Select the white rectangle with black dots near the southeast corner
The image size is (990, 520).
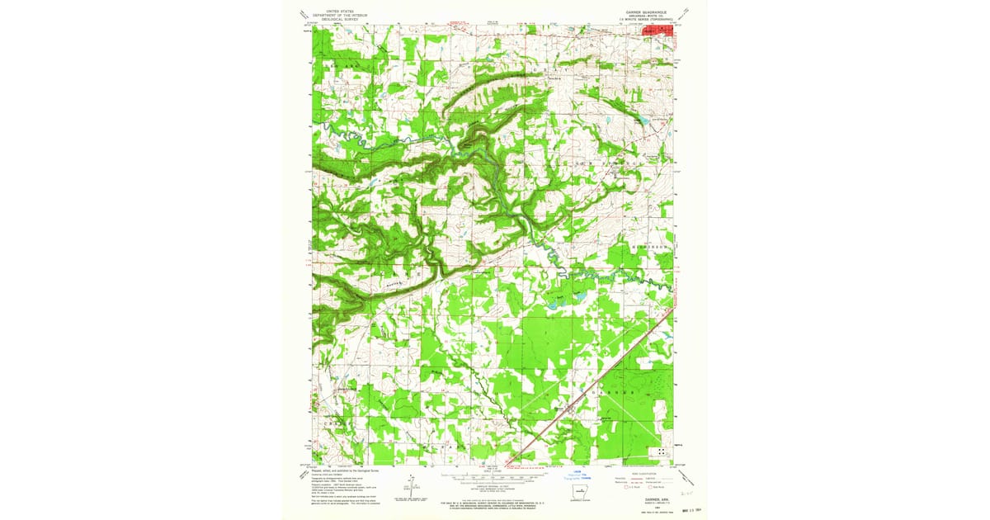click(x=661, y=451)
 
